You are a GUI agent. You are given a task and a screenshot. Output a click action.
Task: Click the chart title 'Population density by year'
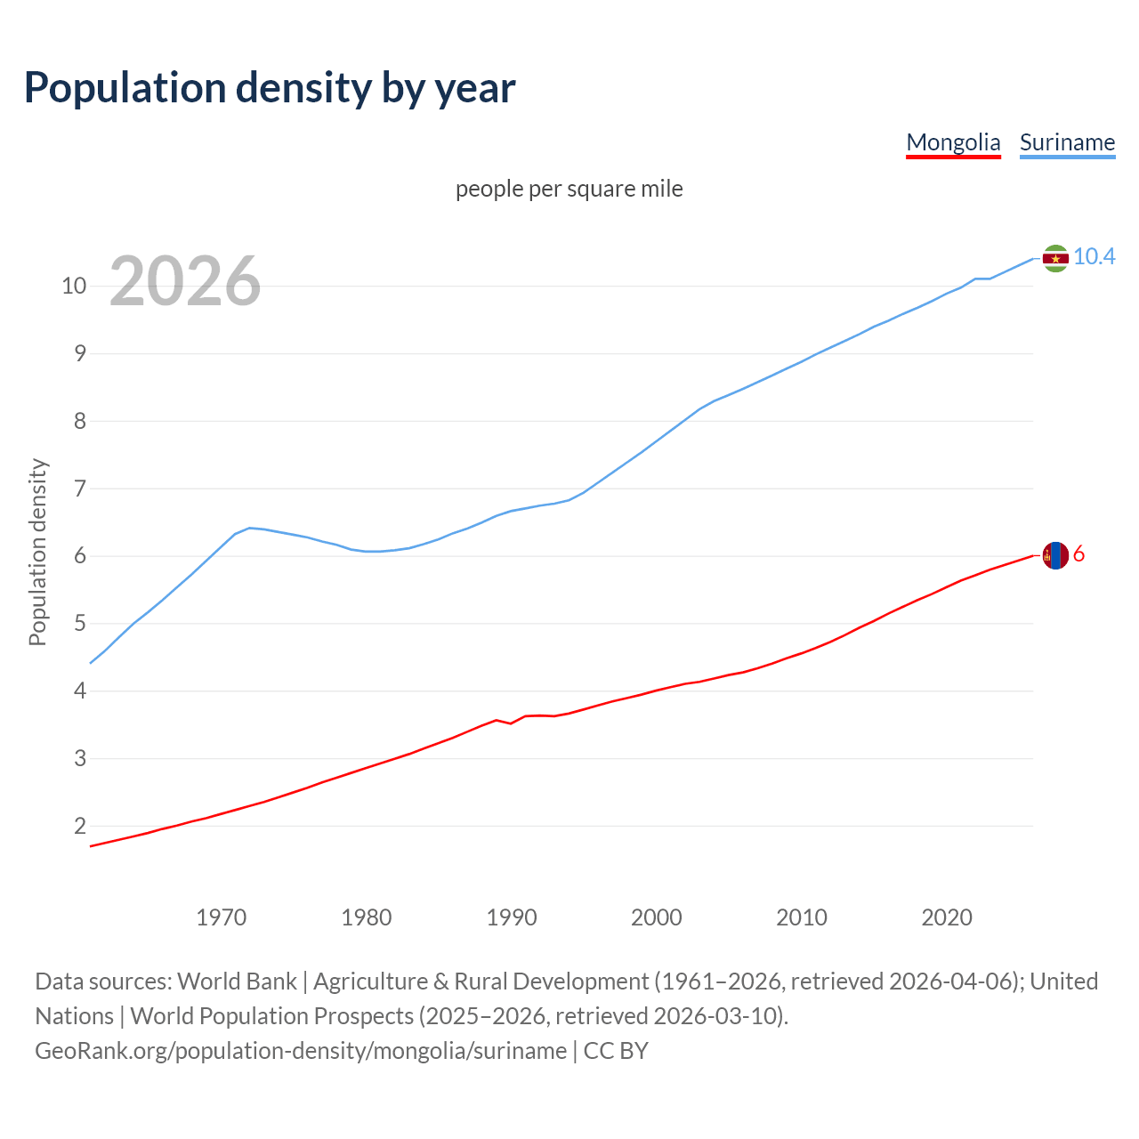[270, 87]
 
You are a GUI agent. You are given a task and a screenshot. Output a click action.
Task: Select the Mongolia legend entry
[953, 142]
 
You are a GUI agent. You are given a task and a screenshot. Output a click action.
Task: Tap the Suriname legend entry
[1067, 142]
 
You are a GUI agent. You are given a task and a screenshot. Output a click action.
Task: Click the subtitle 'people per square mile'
[569, 189]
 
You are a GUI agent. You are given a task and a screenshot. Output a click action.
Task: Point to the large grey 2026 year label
[185, 281]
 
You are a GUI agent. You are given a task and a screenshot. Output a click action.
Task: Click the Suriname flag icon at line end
[1055, 258]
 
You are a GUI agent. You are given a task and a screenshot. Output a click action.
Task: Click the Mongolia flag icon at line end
[1055, 555]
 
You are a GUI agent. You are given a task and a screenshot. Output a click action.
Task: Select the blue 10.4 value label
[1094, 257]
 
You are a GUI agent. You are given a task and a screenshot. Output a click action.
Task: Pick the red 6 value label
[1078, 554]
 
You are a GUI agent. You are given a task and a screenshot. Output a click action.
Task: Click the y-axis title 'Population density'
[37, 552]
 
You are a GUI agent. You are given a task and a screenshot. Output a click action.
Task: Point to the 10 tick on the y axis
[74, 286]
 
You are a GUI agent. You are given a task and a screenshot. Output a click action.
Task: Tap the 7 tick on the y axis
[80, 489]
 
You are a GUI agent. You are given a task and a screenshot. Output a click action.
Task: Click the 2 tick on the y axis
[80, 826]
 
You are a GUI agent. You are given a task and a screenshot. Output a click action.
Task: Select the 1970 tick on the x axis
[222, 917]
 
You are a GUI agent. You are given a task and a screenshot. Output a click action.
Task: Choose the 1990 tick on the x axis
[512, 917]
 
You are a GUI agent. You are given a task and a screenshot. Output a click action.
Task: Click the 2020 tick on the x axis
[947, 917]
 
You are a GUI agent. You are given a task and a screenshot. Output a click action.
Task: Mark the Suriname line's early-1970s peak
[249, 528]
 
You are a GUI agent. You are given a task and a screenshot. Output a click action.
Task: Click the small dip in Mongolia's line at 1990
[511, 723]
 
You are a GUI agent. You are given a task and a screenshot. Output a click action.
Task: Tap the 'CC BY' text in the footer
[616, 1051]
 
